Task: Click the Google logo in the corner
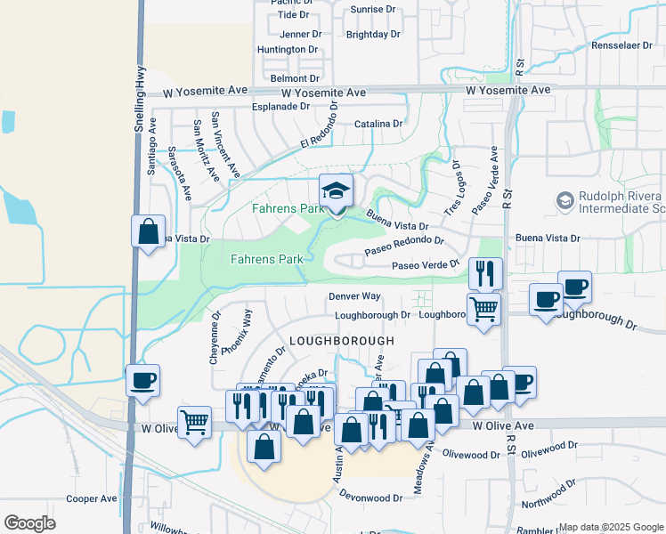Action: click(x=29, y=523)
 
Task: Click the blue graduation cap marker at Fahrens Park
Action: click(x=336, y=191)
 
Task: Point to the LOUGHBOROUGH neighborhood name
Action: click(x=341, y=341)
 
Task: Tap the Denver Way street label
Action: click(x=354, y=295)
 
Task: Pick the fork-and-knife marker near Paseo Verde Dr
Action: click(x=484, y=273)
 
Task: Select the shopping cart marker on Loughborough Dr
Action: click(x=483, y=309)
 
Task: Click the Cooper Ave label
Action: click(x=92, y=499)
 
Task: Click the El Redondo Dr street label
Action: click(x=321, y=126)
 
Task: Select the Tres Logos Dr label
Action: click(x=453, y=187)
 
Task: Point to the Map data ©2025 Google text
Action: click(x=611, y=527)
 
